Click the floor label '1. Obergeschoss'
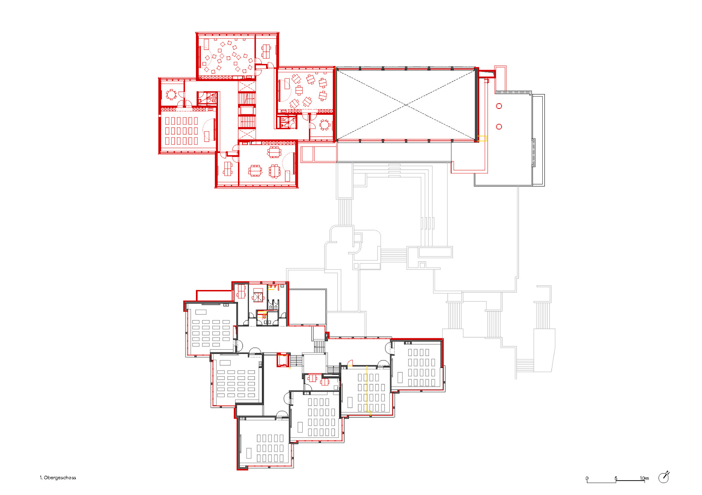click(x=58, y=478)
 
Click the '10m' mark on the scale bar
click(x=644, y=478)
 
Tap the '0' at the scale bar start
click(x=587, y=478)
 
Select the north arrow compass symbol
click(x=664, y=477)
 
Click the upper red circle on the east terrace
click(x=499, y=106)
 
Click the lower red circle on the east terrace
click(x=499, y=127)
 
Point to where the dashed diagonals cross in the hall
click(x=406, y=105)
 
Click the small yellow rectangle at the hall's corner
click(x=482, y=139)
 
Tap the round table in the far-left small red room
click(x=171, y=95)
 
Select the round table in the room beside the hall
click(x=325, y=125)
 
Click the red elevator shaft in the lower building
click(x=283, y=360)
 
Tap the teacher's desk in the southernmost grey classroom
click(x=249, y=453)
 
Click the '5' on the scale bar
click(x=616, y=478)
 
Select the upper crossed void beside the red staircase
click(x=247, y=86)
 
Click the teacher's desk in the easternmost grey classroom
click(x=400, y=377)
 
